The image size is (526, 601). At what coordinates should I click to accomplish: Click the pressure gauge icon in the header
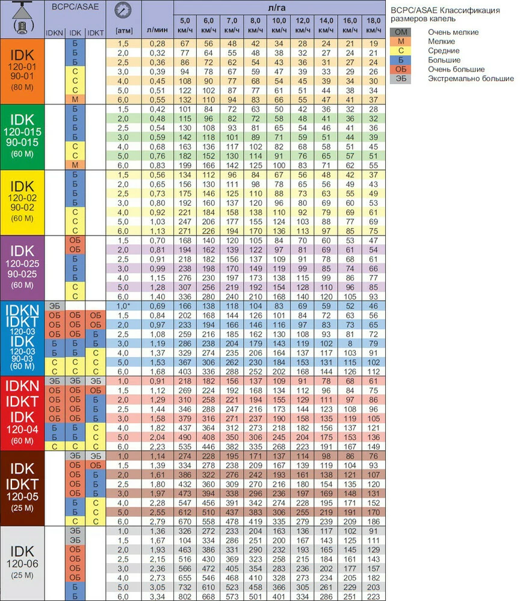[123, 11]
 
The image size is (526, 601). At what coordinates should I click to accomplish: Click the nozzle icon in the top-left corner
[23, 19]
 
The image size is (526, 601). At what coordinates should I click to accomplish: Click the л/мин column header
[156, 28]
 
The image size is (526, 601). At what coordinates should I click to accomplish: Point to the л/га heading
[279, 6]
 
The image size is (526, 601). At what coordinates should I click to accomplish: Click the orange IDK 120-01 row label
[23, 71]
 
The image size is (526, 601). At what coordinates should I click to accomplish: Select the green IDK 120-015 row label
[23, 136]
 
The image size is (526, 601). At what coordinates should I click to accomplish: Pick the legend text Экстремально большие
[471, 79]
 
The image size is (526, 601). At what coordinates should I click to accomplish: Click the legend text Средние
[445, 51]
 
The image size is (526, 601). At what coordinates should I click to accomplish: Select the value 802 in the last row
[185, 596]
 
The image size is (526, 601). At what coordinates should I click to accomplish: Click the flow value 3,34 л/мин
[156, 596]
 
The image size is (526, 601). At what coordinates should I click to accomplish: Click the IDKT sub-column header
[96, 32]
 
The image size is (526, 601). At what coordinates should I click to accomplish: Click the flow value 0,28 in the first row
[156, 43]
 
